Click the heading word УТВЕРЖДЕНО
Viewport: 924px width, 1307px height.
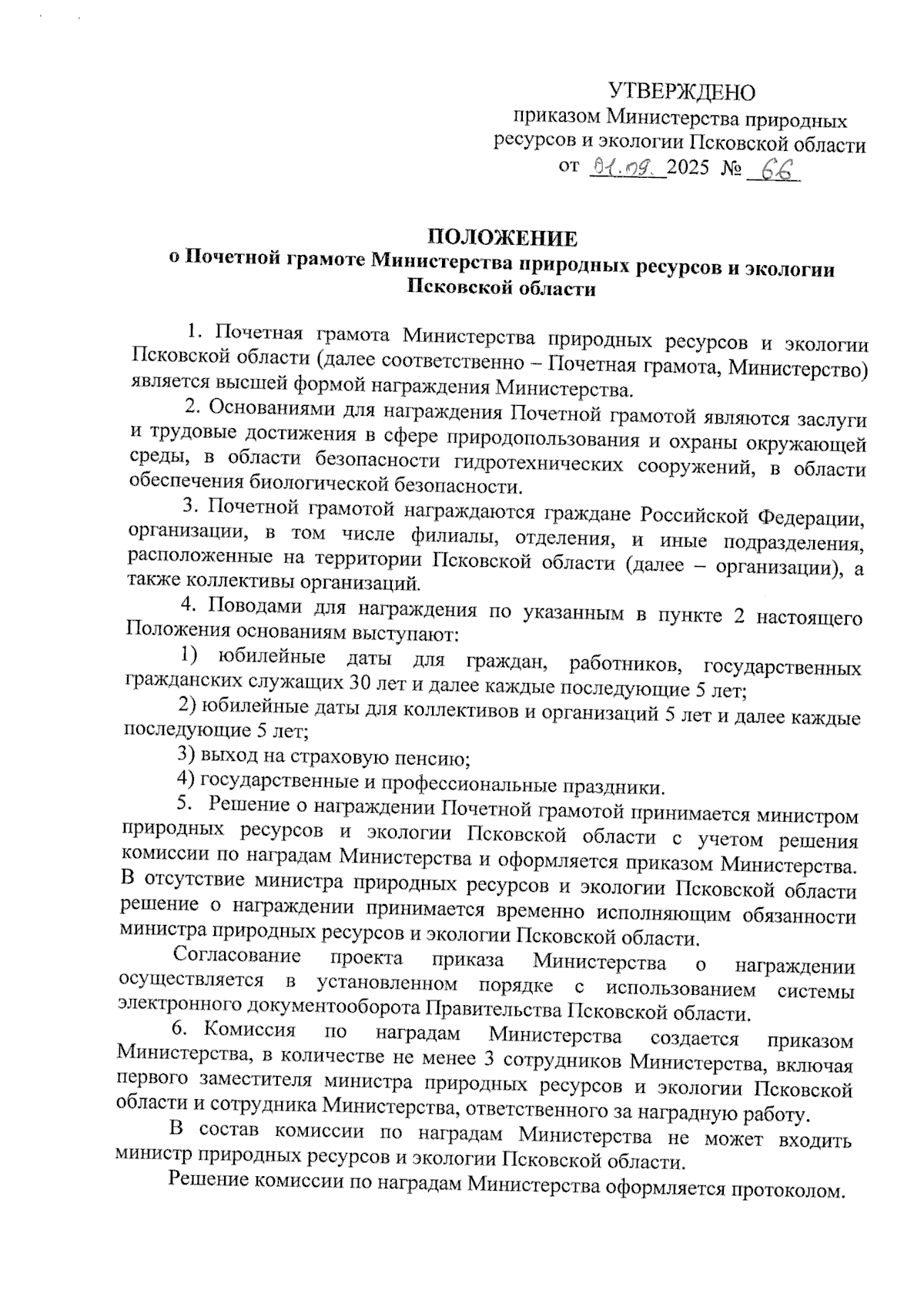[x=681, y=92]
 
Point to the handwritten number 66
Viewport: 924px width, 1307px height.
[x=773, y=169]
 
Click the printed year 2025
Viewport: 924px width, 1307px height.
[x=688, y=168]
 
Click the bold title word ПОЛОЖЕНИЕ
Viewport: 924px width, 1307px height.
[x=502, y=238]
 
